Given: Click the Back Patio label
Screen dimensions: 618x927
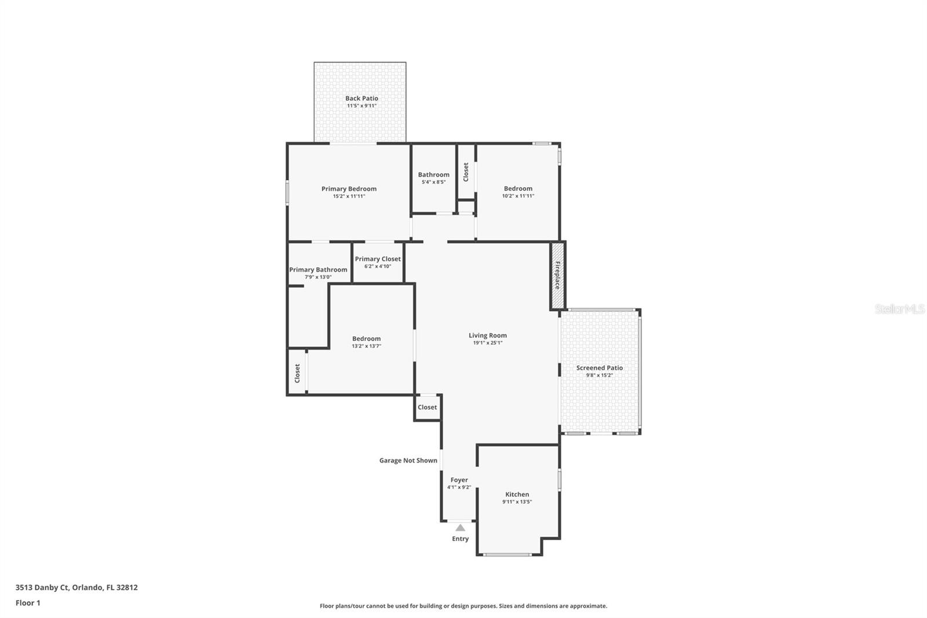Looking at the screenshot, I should click(362, 99).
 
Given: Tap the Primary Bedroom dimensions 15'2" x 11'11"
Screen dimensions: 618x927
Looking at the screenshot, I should click(349, 197).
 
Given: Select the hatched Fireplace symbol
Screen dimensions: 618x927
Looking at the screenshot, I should click(557, 275).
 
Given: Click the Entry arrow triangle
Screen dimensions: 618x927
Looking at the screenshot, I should click(460, 528).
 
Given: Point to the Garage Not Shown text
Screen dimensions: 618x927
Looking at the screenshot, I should click(408, 460).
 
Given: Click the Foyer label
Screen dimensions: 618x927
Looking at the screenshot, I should click(459, 480).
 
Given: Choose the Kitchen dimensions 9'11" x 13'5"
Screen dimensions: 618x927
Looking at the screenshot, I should click(517, 502).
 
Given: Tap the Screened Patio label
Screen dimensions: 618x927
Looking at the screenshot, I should click(599, 368).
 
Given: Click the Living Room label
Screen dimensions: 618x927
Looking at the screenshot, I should click(487, 335).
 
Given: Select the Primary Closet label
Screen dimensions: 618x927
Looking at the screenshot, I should click(378, 259).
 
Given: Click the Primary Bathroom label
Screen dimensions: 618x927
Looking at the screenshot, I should click(318, 270).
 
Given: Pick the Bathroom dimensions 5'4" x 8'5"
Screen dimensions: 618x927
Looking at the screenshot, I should click(433, 182).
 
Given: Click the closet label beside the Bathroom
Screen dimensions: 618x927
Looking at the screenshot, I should click(466, 172).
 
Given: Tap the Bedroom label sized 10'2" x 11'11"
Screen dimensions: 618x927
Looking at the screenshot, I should click(518, 188).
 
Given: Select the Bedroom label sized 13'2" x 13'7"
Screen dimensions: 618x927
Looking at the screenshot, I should click(366, 339).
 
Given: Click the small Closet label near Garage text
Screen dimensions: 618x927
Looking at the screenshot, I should click(427, 407).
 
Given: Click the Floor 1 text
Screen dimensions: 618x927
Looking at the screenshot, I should click(28, 603).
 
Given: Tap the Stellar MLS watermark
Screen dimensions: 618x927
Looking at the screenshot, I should click(899, 309).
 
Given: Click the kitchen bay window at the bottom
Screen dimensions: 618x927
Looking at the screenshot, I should click(508, 555).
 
